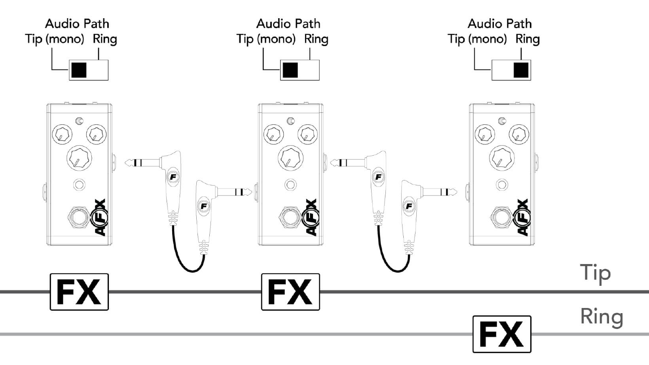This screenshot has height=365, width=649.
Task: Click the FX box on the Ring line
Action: point(502,334)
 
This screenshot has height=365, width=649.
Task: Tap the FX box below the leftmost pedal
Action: point(79,292)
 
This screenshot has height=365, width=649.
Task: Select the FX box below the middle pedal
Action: point(290,292)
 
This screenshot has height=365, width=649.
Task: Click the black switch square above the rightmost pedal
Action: point(521,70)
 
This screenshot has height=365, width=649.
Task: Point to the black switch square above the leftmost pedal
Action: point(79,70)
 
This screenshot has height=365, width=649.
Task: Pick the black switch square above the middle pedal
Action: point(290,70)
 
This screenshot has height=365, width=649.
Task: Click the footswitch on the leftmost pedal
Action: point(79,217)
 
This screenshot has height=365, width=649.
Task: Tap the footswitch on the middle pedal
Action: point(290,217)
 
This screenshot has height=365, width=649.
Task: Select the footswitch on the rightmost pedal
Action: point(502,217)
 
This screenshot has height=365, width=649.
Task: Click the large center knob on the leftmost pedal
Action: point(79,158)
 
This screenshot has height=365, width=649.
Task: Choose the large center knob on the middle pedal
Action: point(290,158)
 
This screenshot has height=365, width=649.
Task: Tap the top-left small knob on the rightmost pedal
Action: point(484,135)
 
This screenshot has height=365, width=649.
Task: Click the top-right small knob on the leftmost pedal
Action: point(96,135)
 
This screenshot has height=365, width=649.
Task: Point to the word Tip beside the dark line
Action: point(595,273)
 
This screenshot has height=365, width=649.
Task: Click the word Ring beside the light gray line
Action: point(602,317)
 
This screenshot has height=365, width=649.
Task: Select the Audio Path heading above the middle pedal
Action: point(288,24)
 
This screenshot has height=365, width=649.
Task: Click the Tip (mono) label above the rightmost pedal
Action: point(477,39)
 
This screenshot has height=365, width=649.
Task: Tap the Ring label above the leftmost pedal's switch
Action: point(105,39)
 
